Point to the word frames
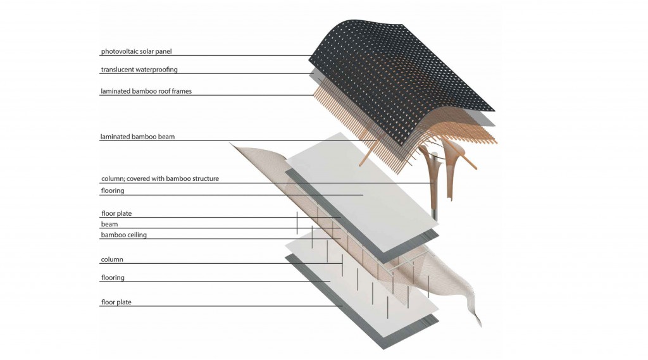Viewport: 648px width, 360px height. point(181,91)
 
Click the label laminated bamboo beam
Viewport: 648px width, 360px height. point(137,137)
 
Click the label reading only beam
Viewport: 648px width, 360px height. point(109,224)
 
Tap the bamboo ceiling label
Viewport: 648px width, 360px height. point(124,235)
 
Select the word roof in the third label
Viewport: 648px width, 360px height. point(161,91)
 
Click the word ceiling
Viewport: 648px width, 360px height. point(137,235)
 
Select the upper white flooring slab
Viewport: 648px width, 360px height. point(362,192)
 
